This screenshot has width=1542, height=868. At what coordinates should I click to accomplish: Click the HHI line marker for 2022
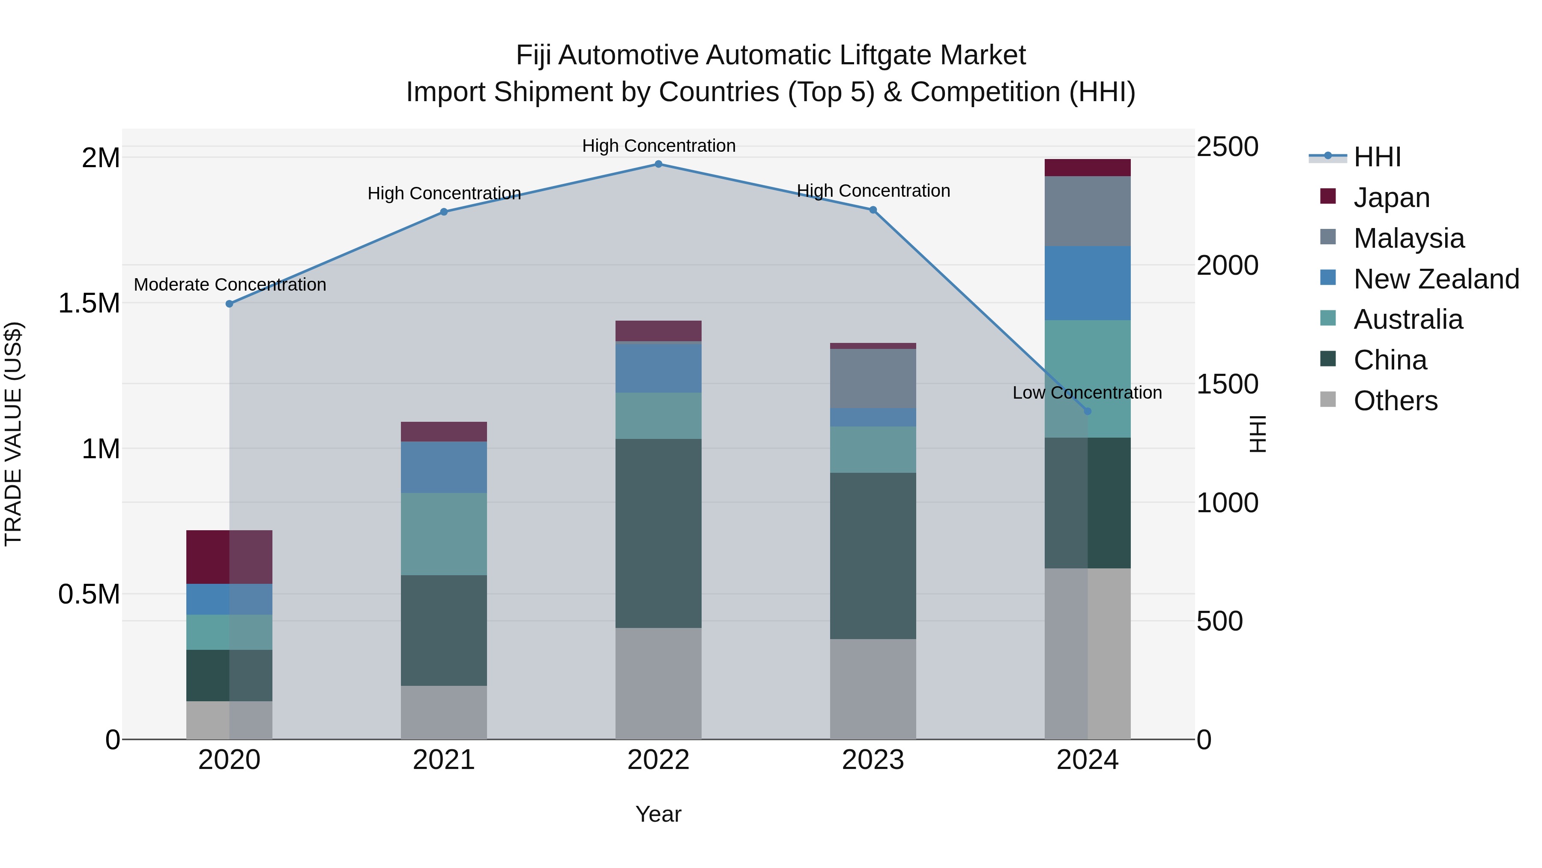(658, 164)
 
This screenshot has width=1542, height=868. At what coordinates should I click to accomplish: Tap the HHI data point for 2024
(1087, 411)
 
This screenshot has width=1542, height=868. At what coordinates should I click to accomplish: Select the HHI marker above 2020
(229, 304)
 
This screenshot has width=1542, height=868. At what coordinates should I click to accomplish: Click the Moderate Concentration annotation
(230, 285)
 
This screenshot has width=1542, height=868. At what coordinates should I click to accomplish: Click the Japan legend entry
(1391, 198)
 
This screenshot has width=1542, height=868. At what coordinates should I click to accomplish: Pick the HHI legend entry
(1377, 157)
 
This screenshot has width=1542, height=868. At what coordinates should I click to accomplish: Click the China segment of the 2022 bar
(658, 533)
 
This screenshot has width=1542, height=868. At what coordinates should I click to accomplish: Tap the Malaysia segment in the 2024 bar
(1087, 211)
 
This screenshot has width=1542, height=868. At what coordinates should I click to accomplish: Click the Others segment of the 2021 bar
(444, 712)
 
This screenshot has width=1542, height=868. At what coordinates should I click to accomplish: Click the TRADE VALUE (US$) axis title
(14, 434)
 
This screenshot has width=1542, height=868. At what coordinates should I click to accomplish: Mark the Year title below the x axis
(658, 814)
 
